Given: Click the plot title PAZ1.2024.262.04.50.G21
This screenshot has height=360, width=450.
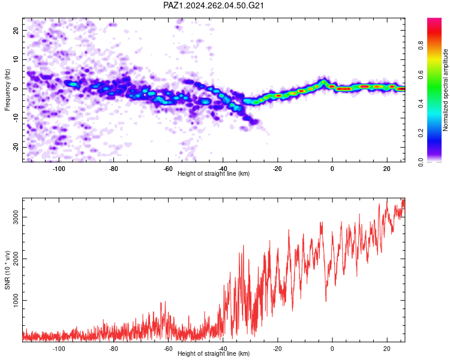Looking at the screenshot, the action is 213,5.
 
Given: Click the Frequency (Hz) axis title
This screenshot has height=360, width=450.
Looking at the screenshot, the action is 7,90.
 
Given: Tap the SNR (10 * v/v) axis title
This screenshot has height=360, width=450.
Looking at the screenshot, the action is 7,270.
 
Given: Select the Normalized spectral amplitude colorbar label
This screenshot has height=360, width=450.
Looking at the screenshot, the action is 445,90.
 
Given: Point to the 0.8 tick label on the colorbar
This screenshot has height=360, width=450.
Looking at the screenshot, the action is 421,46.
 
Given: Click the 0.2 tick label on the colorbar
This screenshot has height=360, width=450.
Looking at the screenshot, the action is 421,133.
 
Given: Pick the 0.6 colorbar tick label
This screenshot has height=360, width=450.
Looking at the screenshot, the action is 421,75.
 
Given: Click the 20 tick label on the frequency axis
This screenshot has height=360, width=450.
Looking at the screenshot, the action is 16,30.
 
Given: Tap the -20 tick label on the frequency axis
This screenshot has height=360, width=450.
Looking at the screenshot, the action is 16,147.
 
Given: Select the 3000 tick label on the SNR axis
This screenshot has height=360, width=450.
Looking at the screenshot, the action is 16,217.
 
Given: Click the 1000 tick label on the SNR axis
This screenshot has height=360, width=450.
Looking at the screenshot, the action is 16,300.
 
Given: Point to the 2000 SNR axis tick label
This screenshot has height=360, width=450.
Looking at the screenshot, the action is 16,259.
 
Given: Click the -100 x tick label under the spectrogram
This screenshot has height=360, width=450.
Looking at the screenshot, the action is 59,169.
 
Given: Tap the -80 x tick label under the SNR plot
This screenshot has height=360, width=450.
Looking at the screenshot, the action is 113,349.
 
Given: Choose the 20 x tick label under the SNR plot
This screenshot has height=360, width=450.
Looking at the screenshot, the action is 387,349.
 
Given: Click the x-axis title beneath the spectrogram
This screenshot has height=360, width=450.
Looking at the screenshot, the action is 214,173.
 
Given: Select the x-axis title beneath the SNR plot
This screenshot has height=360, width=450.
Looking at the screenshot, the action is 214,353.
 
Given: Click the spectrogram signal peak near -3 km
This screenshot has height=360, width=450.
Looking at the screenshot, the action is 324,82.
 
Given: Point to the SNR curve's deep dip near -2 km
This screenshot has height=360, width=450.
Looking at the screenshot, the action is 326,301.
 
